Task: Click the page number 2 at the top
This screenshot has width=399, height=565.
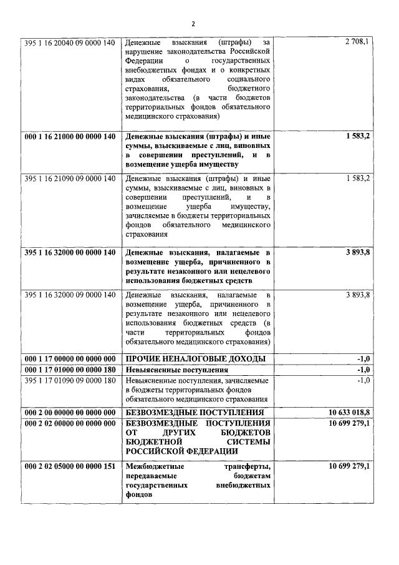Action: pos(193,24)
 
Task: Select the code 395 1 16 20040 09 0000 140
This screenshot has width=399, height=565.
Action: pos(70,42)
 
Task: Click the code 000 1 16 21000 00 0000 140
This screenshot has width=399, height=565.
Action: pos(70,136)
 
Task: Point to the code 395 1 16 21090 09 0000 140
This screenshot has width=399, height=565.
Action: pos(70,178)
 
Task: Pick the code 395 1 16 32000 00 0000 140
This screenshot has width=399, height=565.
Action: pos(70,253)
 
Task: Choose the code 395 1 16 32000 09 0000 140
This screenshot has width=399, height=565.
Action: pos(70,295)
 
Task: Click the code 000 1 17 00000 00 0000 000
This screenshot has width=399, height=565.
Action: pos(70,358)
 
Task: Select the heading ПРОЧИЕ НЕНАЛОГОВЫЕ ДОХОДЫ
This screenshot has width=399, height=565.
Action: pos(196,358)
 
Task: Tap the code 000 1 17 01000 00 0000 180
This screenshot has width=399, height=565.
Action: pos(70,369)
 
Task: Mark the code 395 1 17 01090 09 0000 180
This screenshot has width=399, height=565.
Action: pos(70,380)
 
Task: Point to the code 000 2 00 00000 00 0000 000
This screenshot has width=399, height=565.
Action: pos(70,413)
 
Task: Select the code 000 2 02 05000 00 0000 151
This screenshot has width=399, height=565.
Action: pos(70,466)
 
